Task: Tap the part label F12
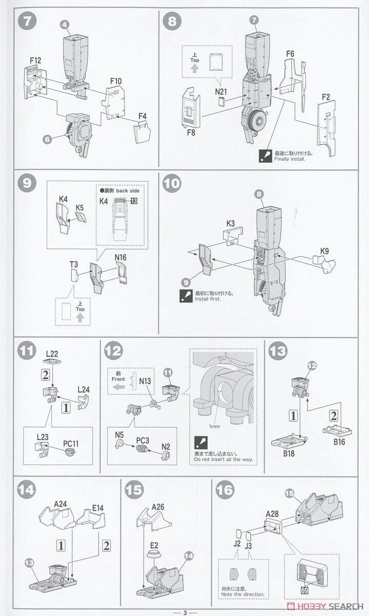[35, 61]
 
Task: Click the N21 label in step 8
[221, 91]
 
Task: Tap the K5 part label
[79, 207]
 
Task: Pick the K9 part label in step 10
[324, 251]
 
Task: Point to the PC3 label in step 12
[142, 439]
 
